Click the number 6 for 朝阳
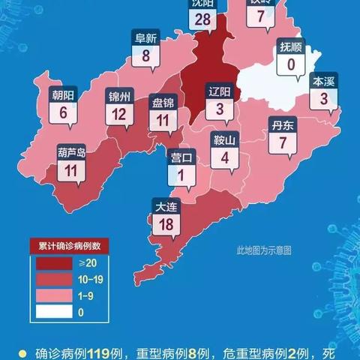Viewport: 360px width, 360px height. [x=64, y=113]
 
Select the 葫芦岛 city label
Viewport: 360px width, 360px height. [x=71, y=152]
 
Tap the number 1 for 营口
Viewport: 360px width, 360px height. [x=181, y=175]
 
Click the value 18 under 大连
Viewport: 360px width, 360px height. [x=166, y=223]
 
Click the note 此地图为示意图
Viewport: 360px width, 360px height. [x=263, y=250]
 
